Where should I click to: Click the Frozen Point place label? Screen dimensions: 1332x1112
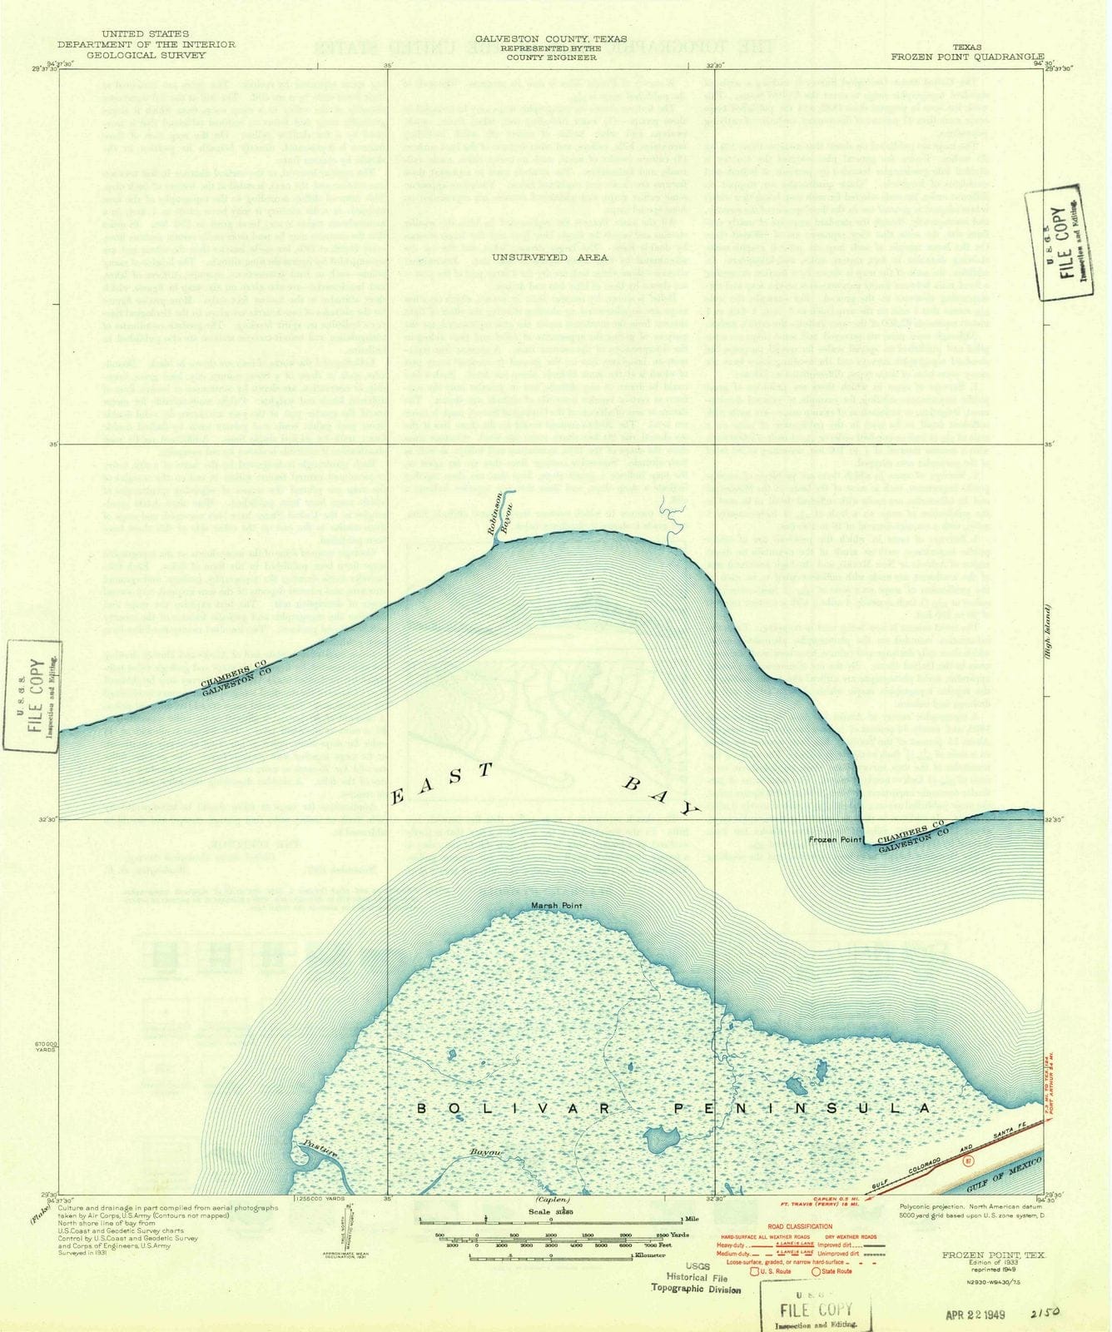(x=835, y=840)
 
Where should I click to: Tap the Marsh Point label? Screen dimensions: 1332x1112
(x=557, y=906)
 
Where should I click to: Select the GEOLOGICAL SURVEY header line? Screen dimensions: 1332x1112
(x=146, y=55)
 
